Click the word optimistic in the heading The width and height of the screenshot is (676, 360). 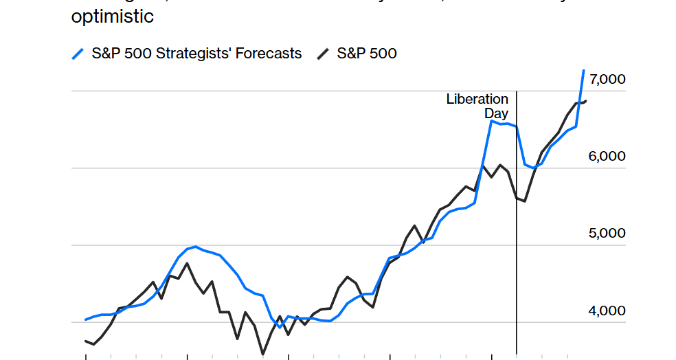[x=113, y=16]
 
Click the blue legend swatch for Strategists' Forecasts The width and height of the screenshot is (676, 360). [x=79, y=54]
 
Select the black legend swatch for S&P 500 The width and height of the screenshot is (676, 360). [x=322, y=54]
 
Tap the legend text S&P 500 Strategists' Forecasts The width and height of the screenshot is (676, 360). [x=196, y=54]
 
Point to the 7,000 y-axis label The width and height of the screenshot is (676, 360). [x=607, y=79]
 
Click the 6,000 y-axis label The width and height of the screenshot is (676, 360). [x=607, y=156]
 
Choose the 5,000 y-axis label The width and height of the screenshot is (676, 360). [x=607, y=233]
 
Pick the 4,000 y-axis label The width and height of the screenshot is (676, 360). [x=607, y=311]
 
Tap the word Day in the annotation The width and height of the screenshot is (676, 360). [x=496, y=113]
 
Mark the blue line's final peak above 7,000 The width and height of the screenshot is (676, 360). [x=583, y=71]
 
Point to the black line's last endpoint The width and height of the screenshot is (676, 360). [x=585, y=101]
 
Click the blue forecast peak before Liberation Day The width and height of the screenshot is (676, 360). [x=491, y=121]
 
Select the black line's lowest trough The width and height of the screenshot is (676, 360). [x=262, y=354]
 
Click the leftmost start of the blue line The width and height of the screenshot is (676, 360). [x=85, y=319]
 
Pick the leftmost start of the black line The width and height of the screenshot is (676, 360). [x=85, y=341]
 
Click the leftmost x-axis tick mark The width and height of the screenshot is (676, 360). [x=85, y=357]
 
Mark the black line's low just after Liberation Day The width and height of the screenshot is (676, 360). [x=525, y=201]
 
